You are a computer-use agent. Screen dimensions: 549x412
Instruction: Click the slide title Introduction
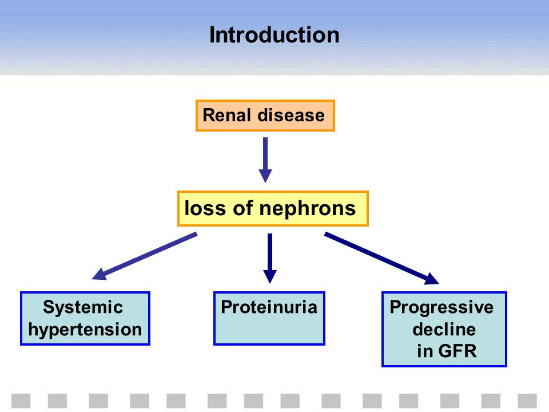coord(274,35)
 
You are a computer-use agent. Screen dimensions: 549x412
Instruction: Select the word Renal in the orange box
coord(226,115)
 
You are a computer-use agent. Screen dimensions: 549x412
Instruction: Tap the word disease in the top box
coord(291,115)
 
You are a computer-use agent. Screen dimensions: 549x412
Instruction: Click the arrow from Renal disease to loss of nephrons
coord(265,160)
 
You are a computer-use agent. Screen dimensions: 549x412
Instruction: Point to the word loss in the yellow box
coord(205,208)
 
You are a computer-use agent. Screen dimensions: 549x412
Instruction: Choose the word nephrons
coord(308,209)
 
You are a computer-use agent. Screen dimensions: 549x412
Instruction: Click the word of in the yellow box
coord(242,208)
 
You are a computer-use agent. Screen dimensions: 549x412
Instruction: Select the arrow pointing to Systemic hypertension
coord(144,256)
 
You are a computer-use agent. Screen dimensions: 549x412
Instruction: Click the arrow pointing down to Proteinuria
coord(269,258)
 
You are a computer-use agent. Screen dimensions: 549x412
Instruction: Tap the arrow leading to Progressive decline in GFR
coord(381,258)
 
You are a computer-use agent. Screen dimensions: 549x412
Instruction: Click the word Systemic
coord(83,308)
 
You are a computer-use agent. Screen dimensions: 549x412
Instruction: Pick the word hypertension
coord(85,330)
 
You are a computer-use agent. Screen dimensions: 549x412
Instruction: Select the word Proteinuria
coord(269,307)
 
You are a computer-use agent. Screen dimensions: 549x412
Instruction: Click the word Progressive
coord(441,308)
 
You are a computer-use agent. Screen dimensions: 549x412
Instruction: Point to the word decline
coord(444,330)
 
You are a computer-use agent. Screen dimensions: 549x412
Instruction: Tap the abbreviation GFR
coord(457,351)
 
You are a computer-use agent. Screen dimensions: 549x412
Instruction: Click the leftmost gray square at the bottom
coord(21,401)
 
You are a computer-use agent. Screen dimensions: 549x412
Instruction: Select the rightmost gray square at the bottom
coord(527,401)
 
